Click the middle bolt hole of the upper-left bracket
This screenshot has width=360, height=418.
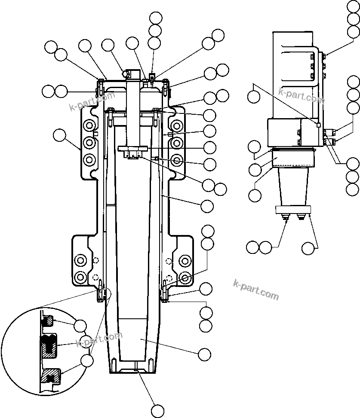[89, 142]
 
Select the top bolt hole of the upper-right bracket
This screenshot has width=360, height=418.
[176, 125]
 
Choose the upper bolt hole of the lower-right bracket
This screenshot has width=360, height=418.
[185, 260]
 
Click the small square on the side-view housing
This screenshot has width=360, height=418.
[318, 125]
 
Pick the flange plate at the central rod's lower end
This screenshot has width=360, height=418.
[133, 149]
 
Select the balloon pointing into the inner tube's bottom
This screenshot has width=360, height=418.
[204, 354]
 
